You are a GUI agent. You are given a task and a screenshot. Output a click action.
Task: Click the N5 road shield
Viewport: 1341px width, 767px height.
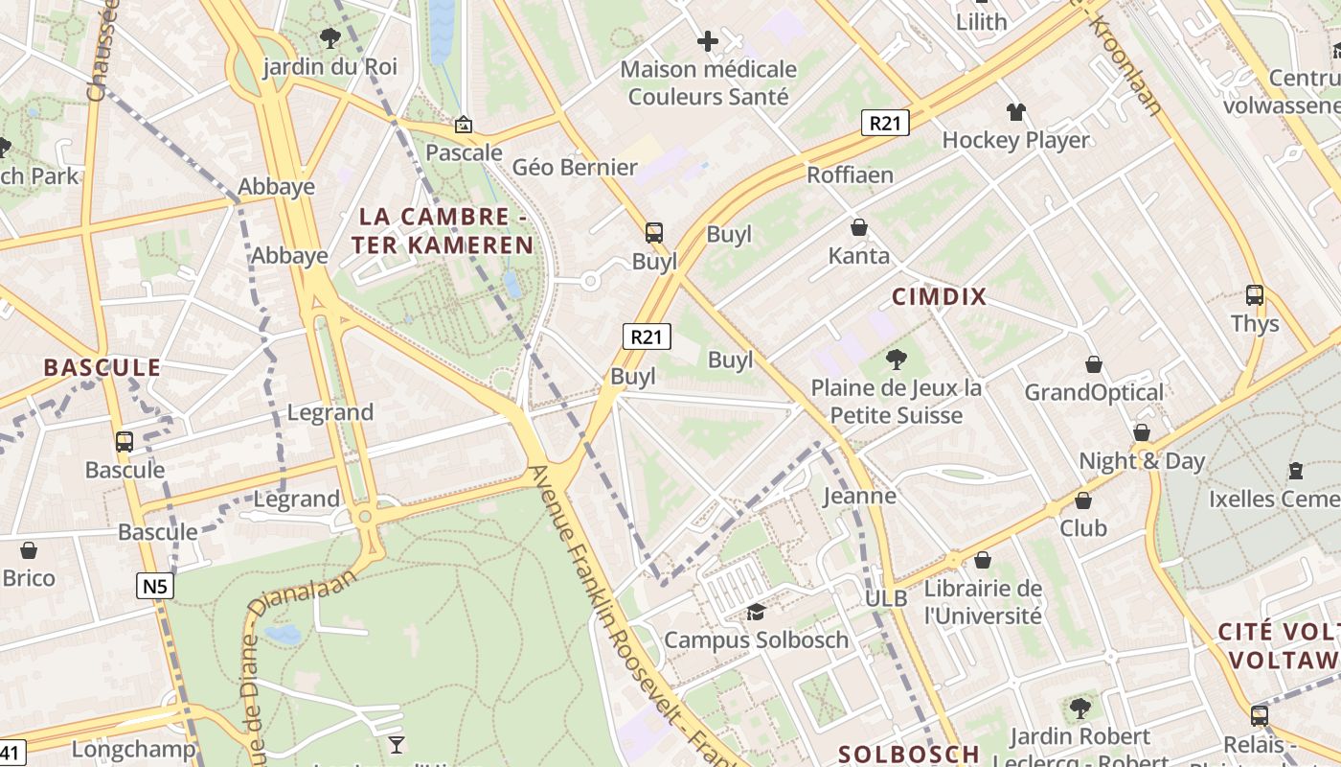[x=154, y=586]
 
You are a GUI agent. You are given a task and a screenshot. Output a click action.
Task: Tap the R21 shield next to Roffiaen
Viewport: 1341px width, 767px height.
[x=884, y=123]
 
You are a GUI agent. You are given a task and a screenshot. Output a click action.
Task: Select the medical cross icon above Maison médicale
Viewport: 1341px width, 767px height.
[x=708, y=41]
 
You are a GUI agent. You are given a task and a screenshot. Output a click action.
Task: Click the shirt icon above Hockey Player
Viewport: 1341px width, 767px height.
[x=1016, y=112]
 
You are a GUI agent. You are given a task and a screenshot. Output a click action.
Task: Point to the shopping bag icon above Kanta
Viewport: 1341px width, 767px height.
[x=859, y=227]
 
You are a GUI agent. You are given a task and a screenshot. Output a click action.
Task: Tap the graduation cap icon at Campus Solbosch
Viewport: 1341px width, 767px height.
[x=756, y=612]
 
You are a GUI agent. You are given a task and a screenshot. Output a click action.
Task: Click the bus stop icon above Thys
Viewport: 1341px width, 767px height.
[x=1255, y=295]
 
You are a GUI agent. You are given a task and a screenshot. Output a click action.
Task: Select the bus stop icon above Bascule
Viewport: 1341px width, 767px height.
[x=125, y=442]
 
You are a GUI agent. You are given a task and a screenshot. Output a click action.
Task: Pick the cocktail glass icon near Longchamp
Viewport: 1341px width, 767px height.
[x=396, y=744]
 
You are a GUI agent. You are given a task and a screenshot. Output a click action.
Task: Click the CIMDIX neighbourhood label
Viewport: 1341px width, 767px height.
[x=939, y=296]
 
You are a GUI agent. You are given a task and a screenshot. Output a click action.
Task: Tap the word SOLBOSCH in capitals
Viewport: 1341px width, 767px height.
[x=909, y=754]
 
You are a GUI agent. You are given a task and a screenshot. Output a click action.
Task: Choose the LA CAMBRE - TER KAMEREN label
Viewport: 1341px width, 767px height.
[x=442, y=231]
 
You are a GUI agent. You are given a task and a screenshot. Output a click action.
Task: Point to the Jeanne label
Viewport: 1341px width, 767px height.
[x=860, y=496]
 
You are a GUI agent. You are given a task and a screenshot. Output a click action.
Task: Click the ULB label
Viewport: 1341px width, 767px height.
[x=885, y=598]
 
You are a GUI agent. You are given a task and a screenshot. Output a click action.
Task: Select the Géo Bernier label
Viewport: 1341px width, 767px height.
[x=575, y=168]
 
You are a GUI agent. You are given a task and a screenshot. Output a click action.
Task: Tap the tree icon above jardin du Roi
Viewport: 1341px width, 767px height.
[x=330, y=38]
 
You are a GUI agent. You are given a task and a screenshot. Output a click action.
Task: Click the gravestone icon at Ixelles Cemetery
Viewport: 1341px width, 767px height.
[x=1296, y=470]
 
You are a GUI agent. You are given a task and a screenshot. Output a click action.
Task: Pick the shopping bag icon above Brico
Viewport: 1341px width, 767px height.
[x=29, y=550]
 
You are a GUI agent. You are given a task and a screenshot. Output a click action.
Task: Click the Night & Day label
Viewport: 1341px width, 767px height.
[x=1142, y=461]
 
